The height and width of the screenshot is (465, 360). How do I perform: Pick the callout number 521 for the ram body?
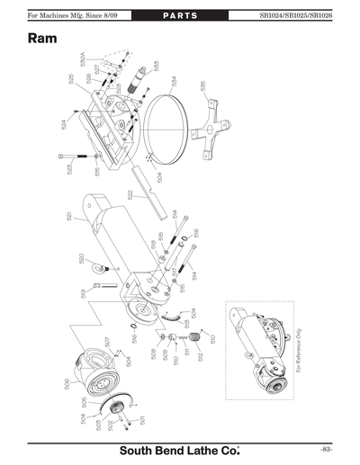[68, 217]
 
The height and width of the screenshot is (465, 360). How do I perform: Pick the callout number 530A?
[83, 62]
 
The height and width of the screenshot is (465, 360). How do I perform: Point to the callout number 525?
[69, 80]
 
